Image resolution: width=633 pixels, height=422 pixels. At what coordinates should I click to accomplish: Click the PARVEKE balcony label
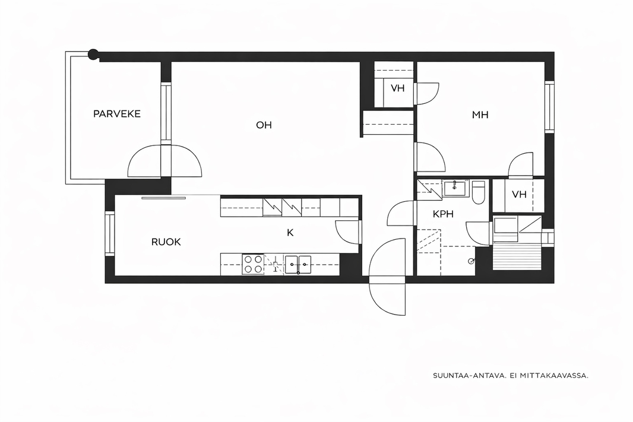tap(116, 114)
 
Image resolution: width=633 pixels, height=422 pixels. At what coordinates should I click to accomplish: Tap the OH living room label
tap(264, 125)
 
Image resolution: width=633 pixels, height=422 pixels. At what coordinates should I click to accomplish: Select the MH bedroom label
tap(480, 115)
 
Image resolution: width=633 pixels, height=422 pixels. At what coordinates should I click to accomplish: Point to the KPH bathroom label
tap(443, 214)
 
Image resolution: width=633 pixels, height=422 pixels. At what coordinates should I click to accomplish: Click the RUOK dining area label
tap(166, 242)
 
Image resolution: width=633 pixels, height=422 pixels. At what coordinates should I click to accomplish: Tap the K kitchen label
tap(290, 233)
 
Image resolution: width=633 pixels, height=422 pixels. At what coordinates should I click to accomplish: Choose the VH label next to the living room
tap(398, 88)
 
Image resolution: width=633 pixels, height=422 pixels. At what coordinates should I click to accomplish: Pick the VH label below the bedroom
tap(519, 195)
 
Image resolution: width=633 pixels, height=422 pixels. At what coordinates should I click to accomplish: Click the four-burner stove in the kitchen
tap(253, 264)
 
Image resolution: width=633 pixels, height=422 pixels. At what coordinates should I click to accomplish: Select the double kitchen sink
tap(298, 264)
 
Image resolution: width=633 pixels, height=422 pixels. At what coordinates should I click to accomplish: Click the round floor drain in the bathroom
tap(471, 261)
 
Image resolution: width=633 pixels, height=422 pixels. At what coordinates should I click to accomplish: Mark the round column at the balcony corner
tap(93, 53)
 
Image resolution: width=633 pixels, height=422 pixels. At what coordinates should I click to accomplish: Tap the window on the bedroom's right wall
tap(549, 107)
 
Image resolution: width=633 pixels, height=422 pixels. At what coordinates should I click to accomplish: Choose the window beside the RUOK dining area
tap(110, 234)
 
